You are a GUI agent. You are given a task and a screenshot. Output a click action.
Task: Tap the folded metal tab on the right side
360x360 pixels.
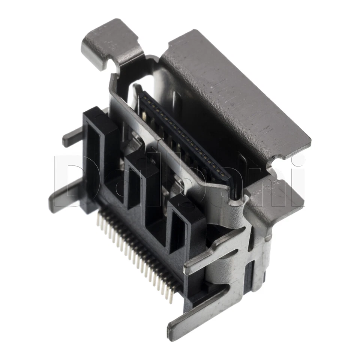[x=277, y=202]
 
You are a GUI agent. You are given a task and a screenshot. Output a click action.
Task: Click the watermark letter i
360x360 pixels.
[x=296, y=176]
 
